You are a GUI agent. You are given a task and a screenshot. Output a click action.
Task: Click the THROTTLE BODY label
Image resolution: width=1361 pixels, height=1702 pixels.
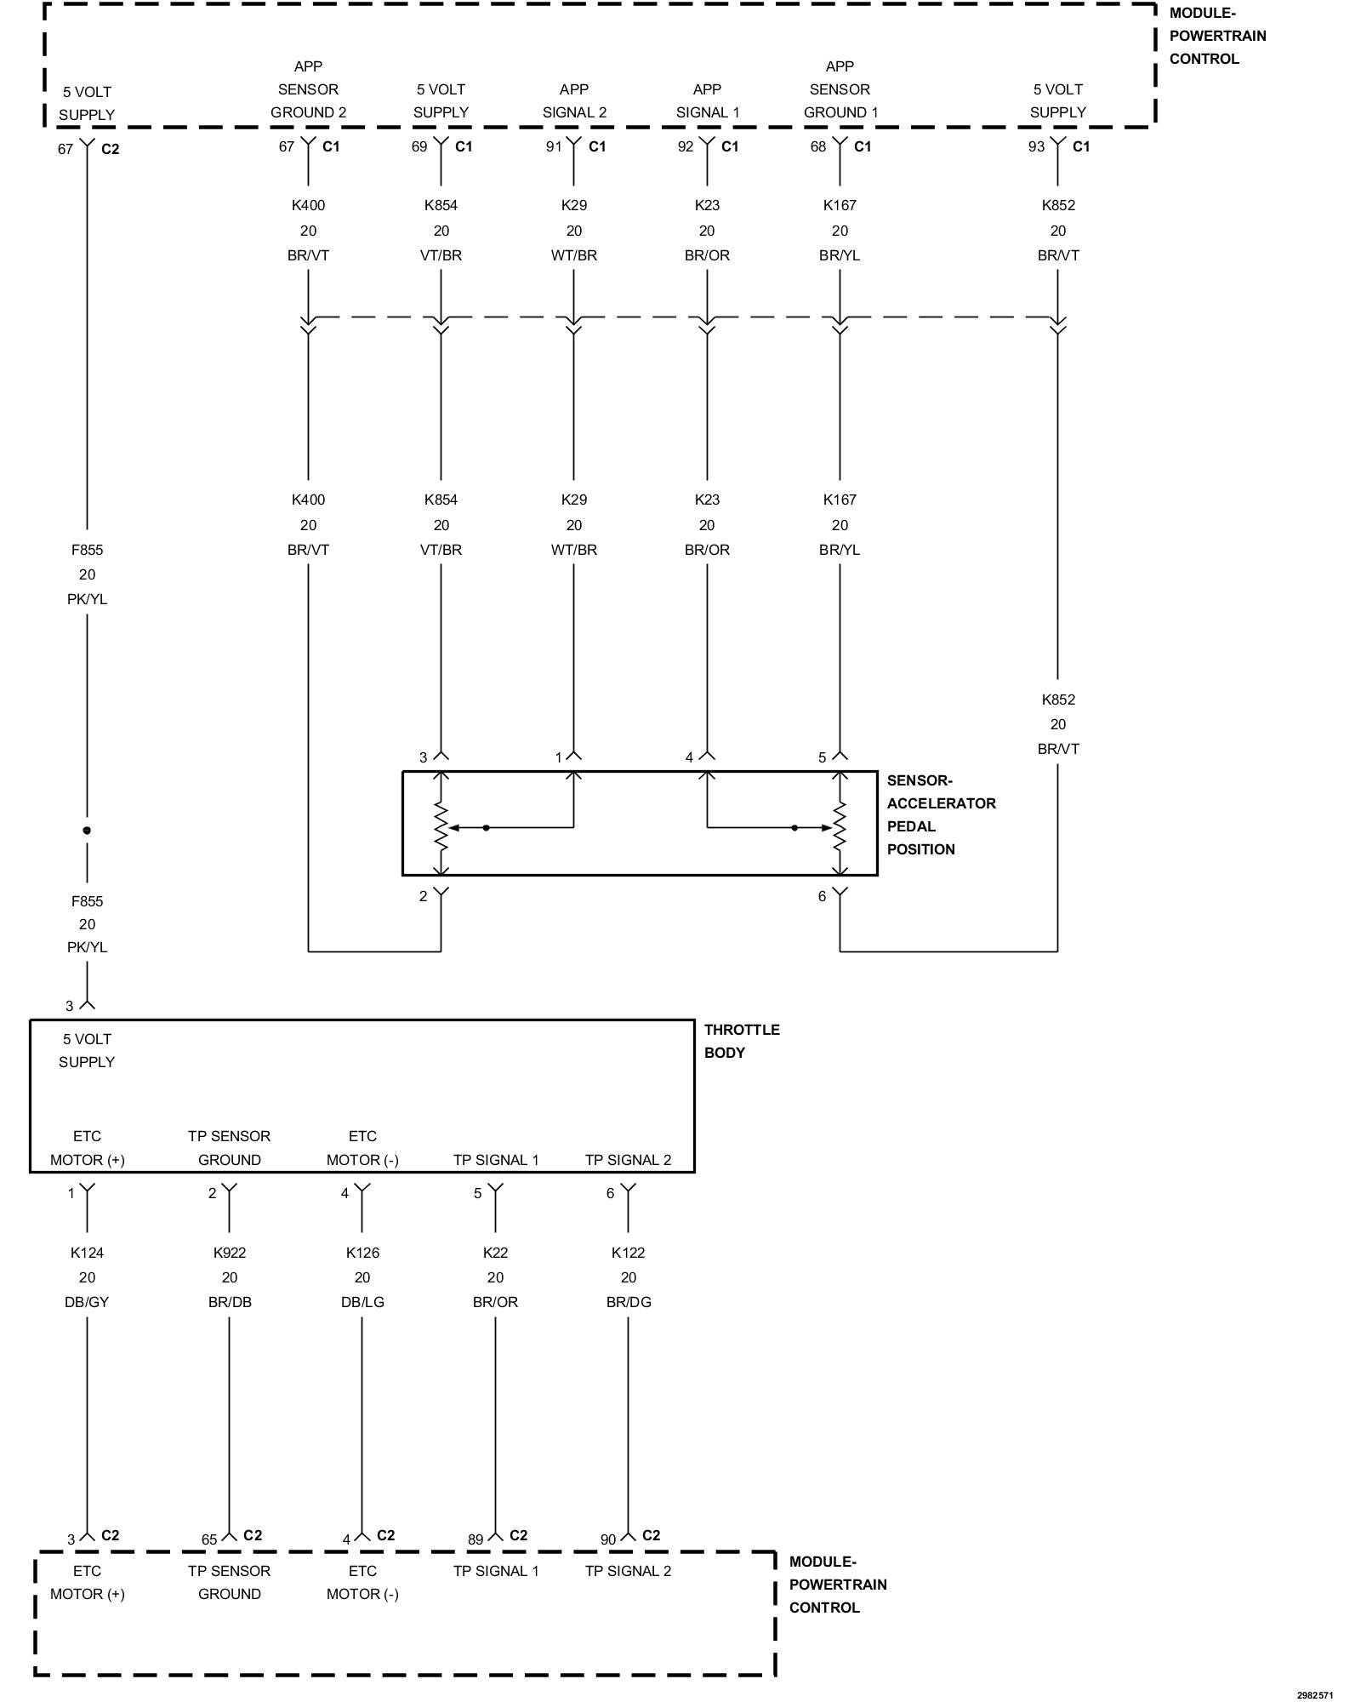click(x=741, y=1041)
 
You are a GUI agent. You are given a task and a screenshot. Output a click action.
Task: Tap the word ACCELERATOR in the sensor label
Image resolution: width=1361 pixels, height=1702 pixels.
click(x=941, y=803)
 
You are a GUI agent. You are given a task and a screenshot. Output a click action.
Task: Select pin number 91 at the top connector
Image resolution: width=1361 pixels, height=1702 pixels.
click(x=554, y=146)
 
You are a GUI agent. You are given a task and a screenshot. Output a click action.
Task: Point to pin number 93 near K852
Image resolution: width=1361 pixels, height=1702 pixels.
click(x=1035, y=146)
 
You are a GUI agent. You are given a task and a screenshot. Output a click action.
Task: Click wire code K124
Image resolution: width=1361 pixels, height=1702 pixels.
click(x=87, y=1253)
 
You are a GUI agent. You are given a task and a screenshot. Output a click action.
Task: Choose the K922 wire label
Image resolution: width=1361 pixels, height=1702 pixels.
click(x=229, y=1253)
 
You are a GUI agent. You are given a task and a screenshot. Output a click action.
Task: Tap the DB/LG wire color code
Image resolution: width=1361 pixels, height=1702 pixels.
click(x=362, y=1302)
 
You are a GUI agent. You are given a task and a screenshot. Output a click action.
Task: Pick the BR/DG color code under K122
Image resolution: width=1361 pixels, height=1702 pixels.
click(x=629, y=1302)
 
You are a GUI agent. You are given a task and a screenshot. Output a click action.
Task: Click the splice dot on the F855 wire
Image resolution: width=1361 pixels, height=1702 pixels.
click(x=87, y=830)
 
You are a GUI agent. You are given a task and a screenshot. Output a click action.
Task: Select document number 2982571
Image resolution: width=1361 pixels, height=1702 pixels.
click(x=1314, y=1695)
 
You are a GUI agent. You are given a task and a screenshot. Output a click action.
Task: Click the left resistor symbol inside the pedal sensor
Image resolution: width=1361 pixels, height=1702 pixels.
click(x=441, y=826)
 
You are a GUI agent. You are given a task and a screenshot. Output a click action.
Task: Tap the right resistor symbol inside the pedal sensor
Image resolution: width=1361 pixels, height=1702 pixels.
click(x=840, y=826)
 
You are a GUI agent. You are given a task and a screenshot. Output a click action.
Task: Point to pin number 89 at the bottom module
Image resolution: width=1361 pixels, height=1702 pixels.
click(x=475, y=1539)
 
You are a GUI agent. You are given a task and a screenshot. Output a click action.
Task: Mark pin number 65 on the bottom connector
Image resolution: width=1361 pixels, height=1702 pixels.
click(x=209, y=1539)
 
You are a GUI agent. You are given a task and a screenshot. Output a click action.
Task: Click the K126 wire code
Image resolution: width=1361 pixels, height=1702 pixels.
click(x=362, y=1253)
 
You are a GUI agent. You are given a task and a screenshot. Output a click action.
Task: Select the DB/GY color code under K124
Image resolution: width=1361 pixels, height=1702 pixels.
click(x=87, y=1302)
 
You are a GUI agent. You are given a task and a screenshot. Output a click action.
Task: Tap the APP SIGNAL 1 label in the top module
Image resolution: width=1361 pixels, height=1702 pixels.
click(x=707, y=100)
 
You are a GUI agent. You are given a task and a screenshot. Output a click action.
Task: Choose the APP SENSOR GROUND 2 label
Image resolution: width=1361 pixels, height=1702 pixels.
click(x=308, y=89)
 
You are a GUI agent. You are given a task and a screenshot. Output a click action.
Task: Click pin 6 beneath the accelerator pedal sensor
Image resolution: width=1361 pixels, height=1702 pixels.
click(x=822, y=896)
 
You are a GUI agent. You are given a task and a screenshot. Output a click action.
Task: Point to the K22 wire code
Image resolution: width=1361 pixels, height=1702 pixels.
click(x=495, y=1253)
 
